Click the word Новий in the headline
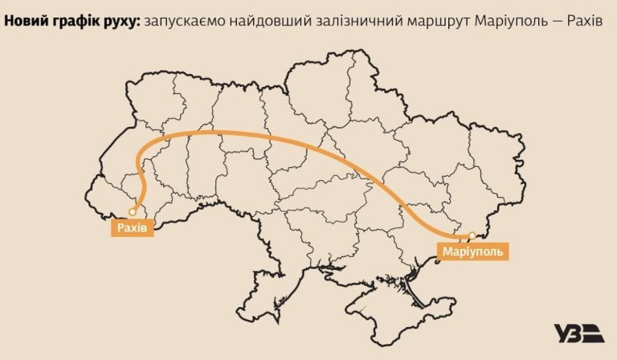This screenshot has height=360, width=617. click(x=25, y=18)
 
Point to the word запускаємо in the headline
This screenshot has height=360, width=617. click(x=182, y=18)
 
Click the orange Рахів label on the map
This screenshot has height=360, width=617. click(x=130, y=227)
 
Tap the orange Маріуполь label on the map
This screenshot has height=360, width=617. click(x=474, y=252)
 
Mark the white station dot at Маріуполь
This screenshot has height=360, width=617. click(x=472, y=235)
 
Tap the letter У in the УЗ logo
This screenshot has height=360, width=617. click(x=564, y=333)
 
